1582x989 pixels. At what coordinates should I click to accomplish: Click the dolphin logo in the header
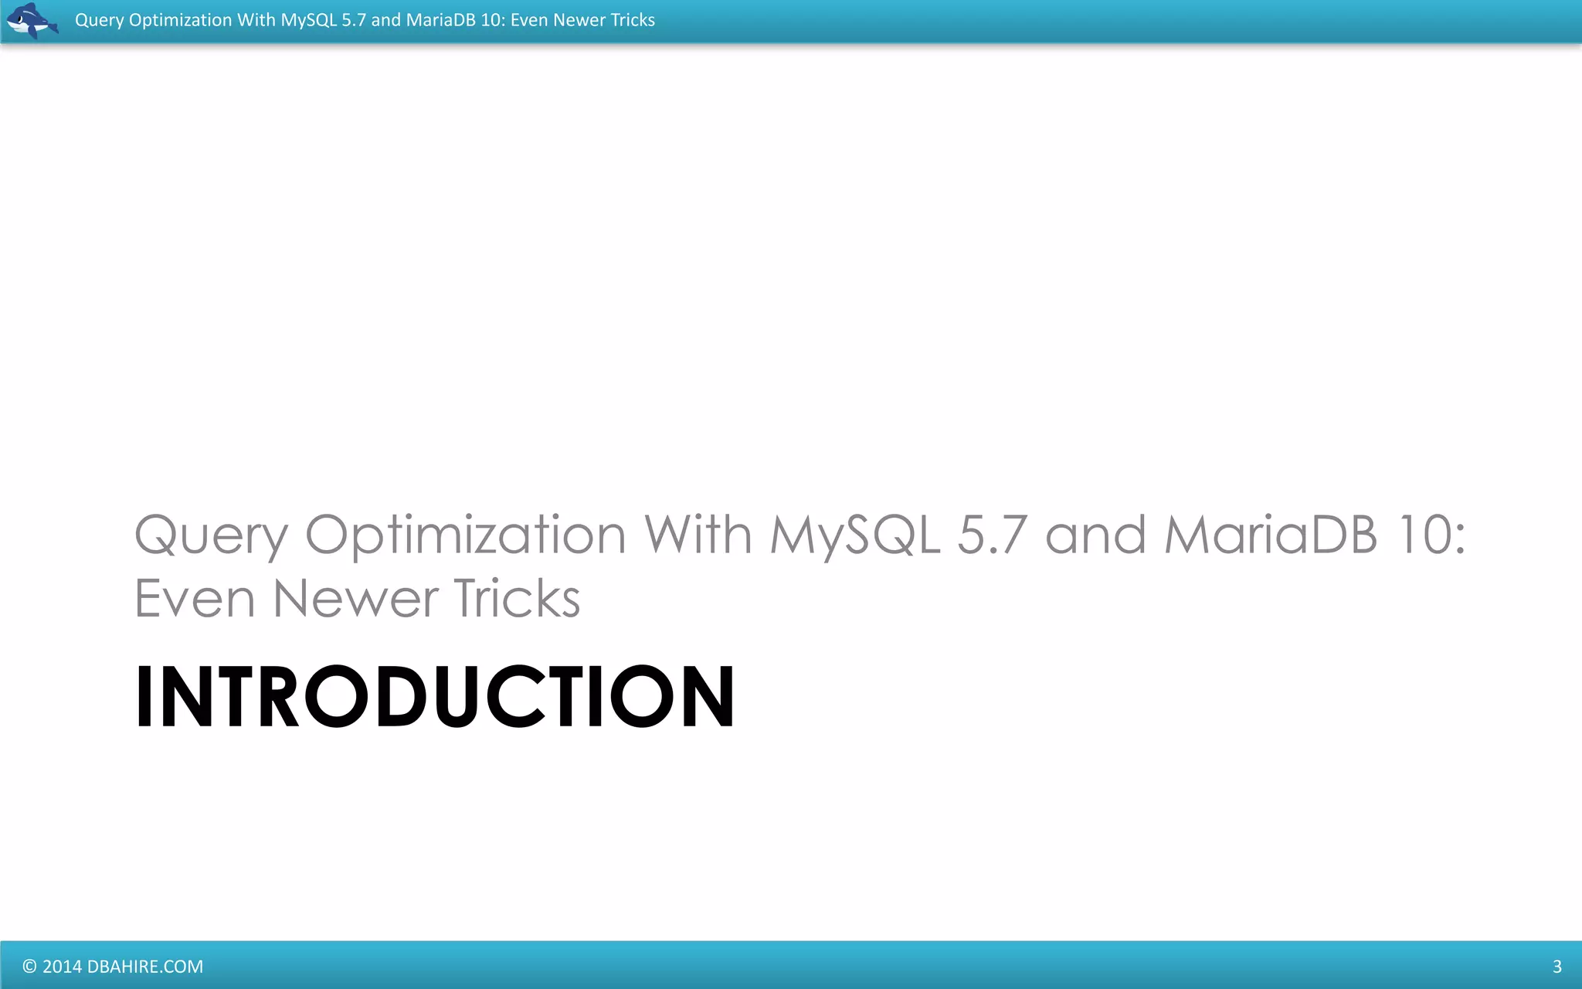pos(32,20)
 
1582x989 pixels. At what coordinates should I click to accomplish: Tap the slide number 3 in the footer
pos(1557,967)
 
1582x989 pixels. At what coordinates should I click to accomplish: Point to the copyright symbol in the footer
pos(29,967)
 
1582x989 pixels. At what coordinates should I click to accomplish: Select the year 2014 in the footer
pos(62,967)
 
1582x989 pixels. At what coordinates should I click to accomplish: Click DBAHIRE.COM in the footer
pos(145,967)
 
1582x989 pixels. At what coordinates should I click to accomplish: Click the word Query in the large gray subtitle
pos(212,535)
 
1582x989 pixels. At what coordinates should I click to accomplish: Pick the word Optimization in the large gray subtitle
pos(465,535)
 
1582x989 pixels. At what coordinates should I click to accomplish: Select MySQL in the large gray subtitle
pos(855,535)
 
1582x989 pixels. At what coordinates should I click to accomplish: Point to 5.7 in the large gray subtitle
pos(992,535)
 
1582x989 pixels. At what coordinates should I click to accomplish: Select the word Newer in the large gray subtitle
pos(356,599)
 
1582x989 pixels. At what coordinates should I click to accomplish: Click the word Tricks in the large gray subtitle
pos(517,599)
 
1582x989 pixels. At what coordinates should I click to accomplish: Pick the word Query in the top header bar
pos(99,20)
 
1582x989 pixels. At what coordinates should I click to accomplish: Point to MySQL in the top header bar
pos(308,20)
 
